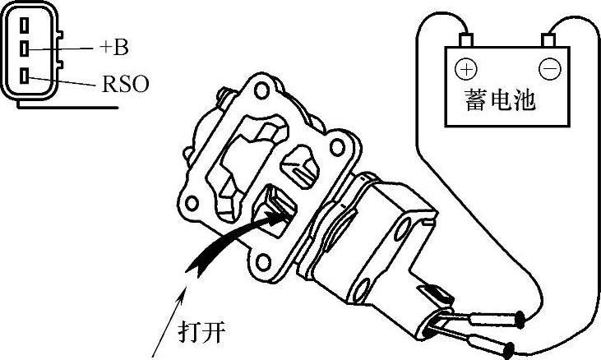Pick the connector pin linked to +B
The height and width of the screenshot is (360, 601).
(25, 47)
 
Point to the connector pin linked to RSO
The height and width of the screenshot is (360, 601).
(25, 76)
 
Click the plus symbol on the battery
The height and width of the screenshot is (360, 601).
(465, 68)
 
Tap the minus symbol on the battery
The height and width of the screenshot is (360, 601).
(549, 68)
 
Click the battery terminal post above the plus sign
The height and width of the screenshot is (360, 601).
(467, 39)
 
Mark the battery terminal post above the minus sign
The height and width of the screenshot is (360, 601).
(548, 39)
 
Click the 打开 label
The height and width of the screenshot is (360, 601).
(202, 333)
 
